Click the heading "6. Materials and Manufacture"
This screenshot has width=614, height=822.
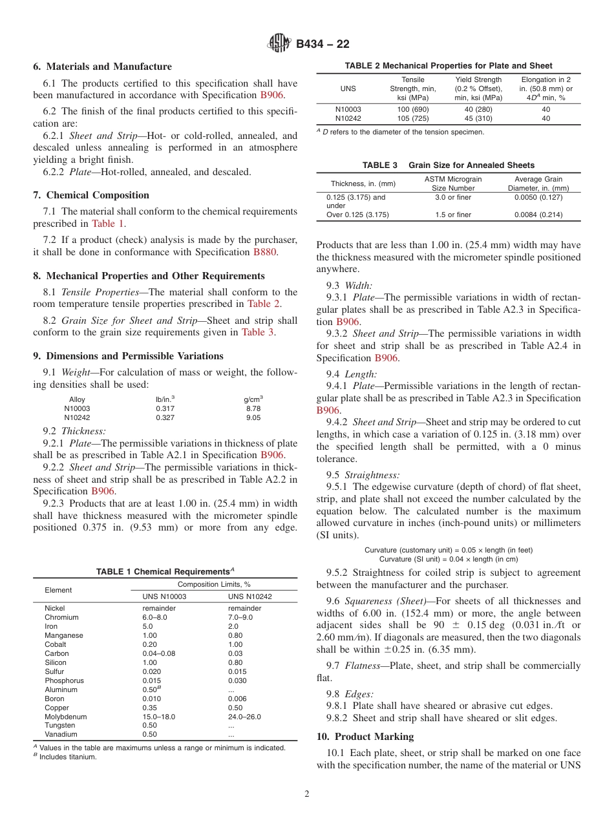(x=102, y=67)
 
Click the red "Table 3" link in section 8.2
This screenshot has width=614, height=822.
(x=257, y=332)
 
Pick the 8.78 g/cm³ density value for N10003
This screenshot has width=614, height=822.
(x=253, y=408)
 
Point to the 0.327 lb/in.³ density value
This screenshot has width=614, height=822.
(x=165, y=417)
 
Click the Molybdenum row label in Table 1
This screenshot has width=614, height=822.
(x=65, y=717)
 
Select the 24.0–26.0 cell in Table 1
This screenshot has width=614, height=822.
(x=244, y=717)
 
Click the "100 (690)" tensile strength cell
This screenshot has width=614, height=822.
(x=412, y=109)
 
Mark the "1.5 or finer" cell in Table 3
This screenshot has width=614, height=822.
(x=452, y=215)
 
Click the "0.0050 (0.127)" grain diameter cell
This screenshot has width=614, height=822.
(x=538, y=197)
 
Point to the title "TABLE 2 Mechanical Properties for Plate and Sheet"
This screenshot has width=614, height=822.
(x=448, y=65)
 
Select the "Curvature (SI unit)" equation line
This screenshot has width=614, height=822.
(x=448, y=558)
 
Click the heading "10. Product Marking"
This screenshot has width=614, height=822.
(x=365, y=737)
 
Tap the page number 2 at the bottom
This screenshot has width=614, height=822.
(x=307, y=794)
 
